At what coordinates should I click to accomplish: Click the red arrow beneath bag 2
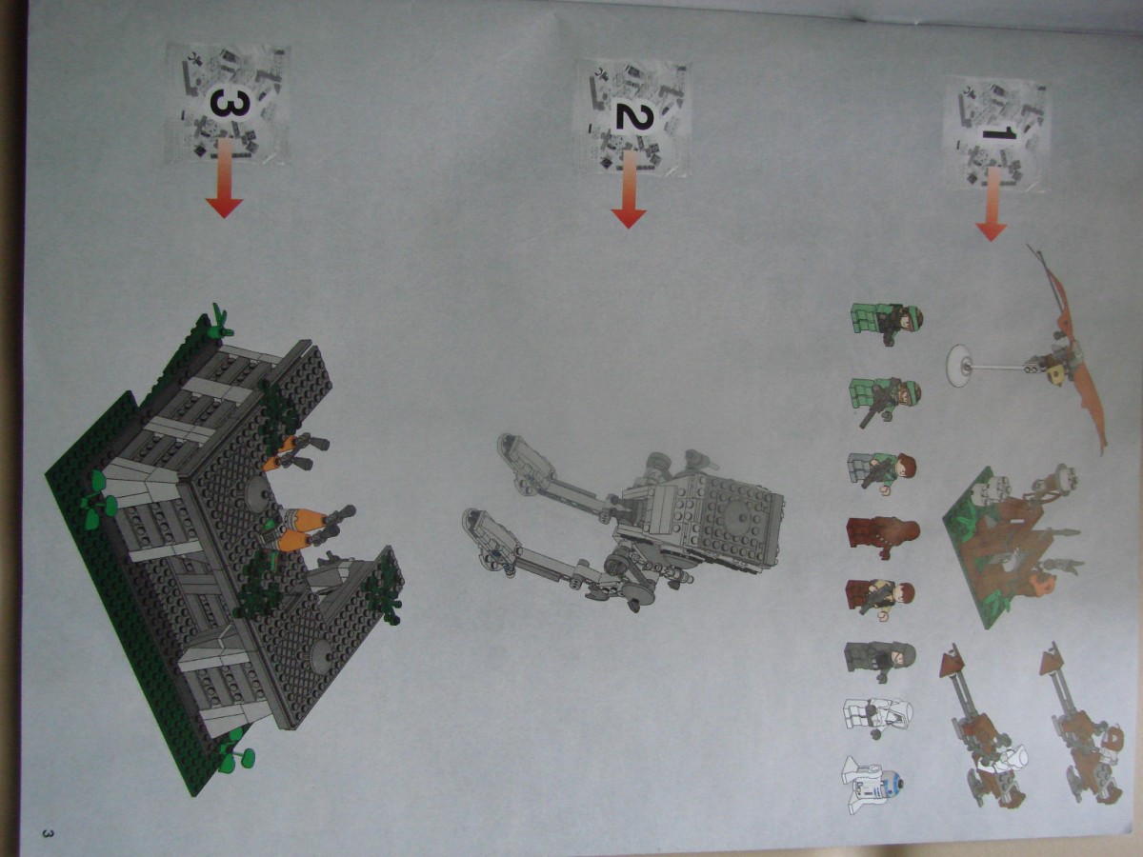point(629,189)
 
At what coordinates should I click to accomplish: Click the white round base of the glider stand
point(959,366)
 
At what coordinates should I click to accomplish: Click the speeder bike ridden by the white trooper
point(982,728)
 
